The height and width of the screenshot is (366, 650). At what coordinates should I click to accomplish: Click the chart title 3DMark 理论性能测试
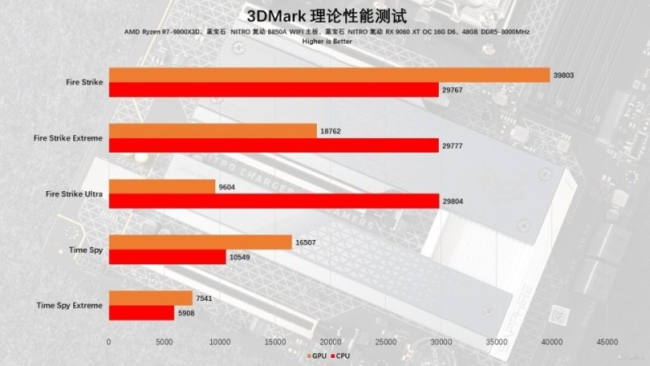tap(325, 15)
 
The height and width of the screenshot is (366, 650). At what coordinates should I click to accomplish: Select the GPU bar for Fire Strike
tap(329, 75)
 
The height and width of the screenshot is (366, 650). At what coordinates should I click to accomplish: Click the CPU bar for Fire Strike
tap(274, 89)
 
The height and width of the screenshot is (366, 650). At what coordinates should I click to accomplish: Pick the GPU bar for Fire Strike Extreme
tap(212, 131)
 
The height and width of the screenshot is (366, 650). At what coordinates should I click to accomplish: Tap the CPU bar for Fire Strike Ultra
tap(274, 201)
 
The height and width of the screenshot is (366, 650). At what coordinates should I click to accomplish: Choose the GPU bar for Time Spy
tap(200, 242)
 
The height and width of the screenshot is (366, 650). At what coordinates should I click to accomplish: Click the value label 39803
tap(564, 75)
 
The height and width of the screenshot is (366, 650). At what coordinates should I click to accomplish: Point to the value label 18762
tap(331, 131)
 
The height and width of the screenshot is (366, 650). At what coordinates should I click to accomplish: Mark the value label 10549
tap(240, 257)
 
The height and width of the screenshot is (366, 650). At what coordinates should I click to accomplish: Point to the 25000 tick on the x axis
tap(386, 342)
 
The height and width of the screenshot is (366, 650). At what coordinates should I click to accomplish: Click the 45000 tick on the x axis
tap(608, 342)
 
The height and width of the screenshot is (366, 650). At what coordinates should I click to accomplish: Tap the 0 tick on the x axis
tap(109, 342)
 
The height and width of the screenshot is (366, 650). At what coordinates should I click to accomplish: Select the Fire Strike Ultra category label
tap(74, 194)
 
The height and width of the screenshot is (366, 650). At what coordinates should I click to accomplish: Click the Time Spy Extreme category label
tap(70, 305)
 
